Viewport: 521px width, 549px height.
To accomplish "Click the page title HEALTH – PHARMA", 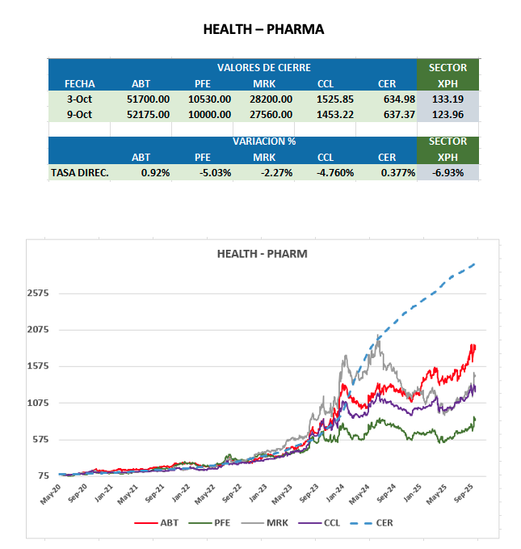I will coord(263,30).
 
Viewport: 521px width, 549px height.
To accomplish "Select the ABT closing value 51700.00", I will coord(149,99).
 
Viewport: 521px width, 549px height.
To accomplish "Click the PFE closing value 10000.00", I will coord(210,114).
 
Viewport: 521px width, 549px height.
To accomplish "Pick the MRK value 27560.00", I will coord(272,114).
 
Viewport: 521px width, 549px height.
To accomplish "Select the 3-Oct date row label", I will coord(79,99).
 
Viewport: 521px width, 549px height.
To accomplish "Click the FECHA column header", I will coord(79,83).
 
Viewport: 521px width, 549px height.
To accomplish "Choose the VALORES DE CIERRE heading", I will coord(263,68).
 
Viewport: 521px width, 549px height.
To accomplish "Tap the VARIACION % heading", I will coord(263,141).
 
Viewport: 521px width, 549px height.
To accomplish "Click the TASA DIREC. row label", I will coord(79,172).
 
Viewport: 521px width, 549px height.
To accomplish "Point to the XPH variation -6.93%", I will coord(448,172).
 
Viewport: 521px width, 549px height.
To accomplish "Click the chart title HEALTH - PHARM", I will coord(262,254).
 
